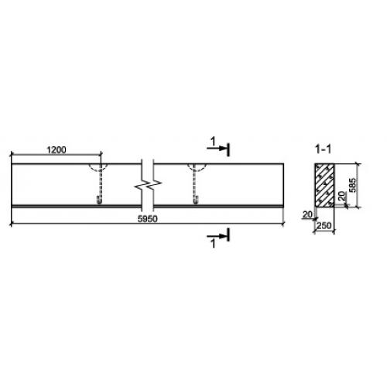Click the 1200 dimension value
(57, 149)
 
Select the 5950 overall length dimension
(147, 219)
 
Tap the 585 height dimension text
(352, 185)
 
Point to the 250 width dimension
(324, 226)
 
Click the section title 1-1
(324, 149)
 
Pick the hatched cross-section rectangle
(324, 185)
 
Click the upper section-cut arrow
(217, 149)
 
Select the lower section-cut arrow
(217, 236)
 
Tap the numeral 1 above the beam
(213, 142)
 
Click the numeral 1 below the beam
(213, 244)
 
